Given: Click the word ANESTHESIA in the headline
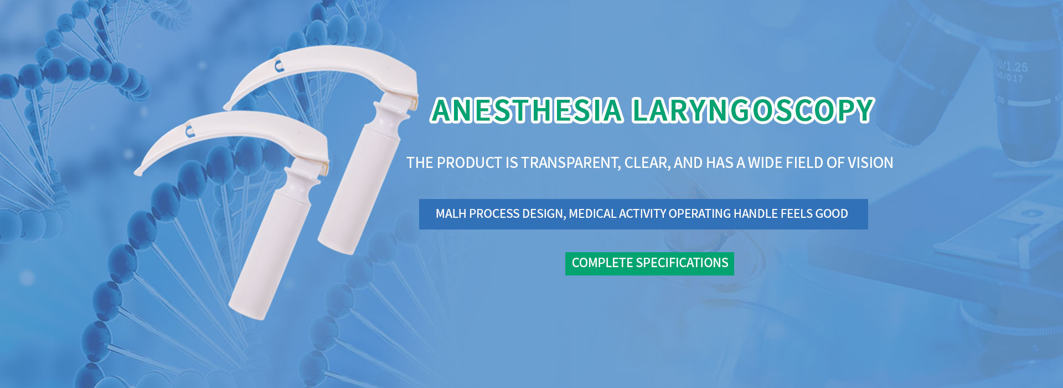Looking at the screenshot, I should click(527, 110).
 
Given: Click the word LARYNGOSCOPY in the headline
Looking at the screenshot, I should click(753, 110).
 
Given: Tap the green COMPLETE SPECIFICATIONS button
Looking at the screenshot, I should click(649, 263).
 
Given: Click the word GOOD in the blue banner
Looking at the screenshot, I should click(831, 214).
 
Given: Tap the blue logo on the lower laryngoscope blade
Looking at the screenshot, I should click(189, 131).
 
